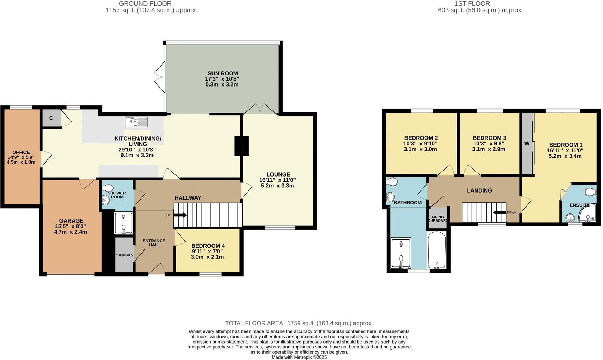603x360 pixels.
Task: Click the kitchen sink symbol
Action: [136, 122]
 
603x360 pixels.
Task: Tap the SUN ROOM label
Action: [223, 73]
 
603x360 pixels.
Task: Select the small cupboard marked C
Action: [51, 118]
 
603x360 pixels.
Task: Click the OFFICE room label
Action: [21, 152]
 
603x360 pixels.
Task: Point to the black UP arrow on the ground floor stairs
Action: [180, 215]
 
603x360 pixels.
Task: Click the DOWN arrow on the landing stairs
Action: [499, 212]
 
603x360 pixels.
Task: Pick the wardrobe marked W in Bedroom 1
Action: [527, 143]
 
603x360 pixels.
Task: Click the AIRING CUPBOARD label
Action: [438, 219]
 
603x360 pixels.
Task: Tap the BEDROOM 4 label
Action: [208, 246]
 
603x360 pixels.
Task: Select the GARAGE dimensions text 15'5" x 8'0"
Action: [71, 226]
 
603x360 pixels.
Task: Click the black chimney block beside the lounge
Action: [241, 146]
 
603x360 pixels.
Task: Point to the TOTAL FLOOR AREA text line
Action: [299, 323]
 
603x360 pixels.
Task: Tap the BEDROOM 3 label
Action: [489, 138]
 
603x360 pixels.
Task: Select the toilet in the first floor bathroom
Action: [392, 182]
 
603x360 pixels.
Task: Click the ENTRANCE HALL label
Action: [154, 243]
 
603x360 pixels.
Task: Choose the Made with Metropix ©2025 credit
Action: [299, 357]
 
